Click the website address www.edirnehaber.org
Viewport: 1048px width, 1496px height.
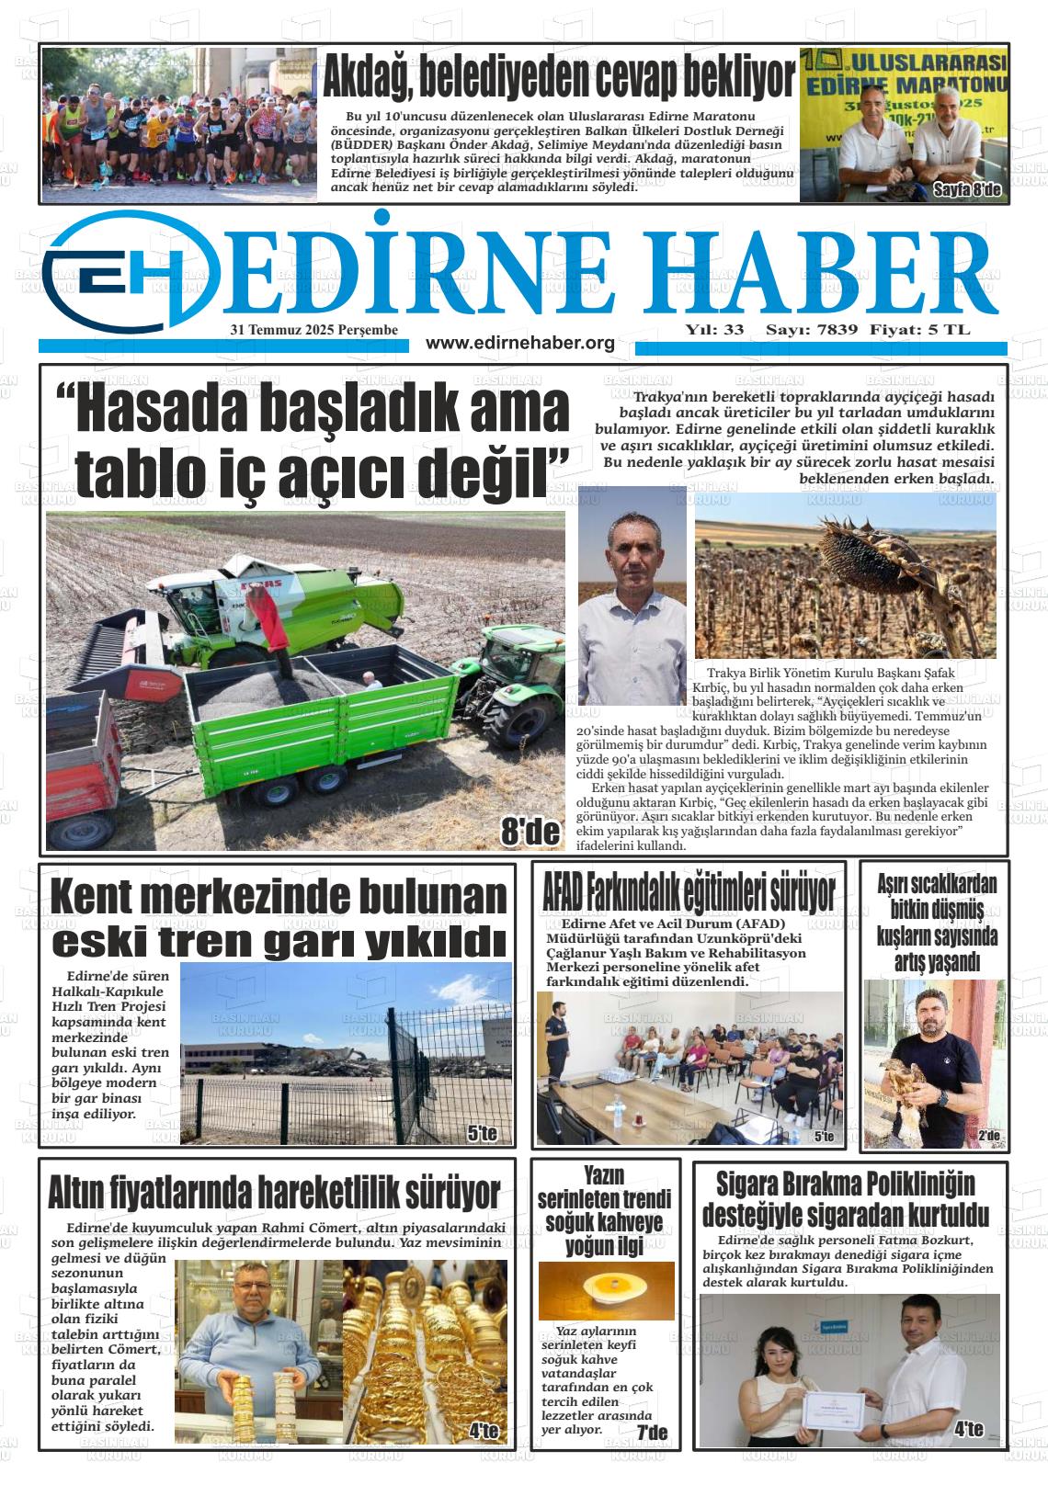click(519, 343)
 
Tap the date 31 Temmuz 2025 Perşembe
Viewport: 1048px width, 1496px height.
click(313, 329)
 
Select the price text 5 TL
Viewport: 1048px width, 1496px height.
click(952, 329)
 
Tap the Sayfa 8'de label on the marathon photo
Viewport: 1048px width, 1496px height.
click(969, 190)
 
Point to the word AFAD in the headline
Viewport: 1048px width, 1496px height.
click(563, 891)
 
